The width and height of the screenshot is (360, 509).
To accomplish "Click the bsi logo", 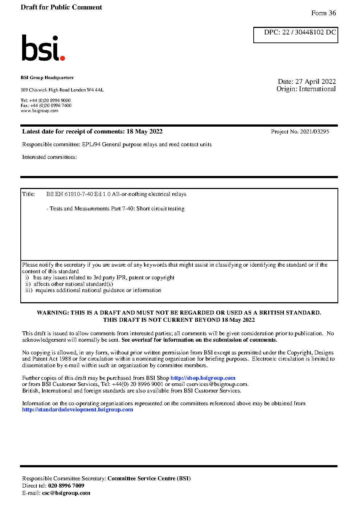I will [x=43, y=48].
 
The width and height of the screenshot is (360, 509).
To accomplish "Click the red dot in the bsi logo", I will [x=62, y=58].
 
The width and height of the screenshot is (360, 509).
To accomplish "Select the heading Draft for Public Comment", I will [x=61, y=7].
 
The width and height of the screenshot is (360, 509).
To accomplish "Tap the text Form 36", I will [x=323, y=13].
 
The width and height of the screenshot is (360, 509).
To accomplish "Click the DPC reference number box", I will [x=295, y=34].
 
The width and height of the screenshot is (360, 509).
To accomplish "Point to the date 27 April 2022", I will [x=315, y=81].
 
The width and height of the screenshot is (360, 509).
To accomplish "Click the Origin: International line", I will [x=306, y=89].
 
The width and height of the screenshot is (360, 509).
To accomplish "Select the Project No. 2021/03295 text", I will [x=300, y=132].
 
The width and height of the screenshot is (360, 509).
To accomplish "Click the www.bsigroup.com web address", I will [x=40, y=111].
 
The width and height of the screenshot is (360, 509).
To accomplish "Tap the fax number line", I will [x=46, y=106].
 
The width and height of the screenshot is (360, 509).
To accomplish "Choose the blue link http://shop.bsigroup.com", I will [x=203, y=378].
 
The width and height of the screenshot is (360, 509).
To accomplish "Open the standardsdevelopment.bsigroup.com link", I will [x=77, y=410].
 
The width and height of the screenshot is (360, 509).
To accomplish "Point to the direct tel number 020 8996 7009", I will [x=66, y=486].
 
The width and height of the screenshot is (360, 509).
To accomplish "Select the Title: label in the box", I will [x=28, y=194].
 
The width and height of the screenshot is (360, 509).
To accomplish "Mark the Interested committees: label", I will [x=49, y=157].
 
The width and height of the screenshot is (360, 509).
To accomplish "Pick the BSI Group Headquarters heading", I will [x=47, y=78].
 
